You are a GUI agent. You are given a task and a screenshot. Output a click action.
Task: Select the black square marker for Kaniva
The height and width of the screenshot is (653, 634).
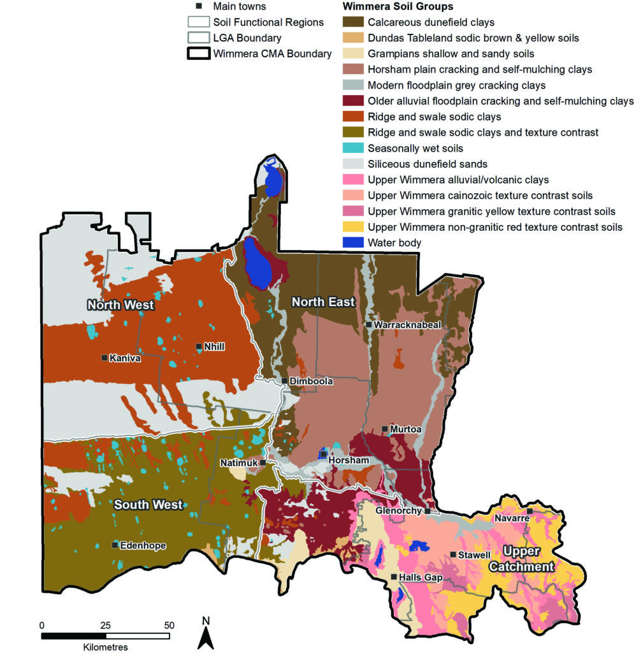click(x=104, y=358)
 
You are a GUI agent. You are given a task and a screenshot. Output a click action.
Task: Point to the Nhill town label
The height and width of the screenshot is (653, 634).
click(x=215, y=347)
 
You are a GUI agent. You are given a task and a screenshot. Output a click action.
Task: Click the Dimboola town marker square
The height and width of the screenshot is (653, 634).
click(x=285, y=381)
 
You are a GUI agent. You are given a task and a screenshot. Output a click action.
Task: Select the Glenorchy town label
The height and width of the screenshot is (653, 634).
click(x=399, y=511)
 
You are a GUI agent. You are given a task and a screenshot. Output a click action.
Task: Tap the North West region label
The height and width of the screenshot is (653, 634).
click(x=121, y=305)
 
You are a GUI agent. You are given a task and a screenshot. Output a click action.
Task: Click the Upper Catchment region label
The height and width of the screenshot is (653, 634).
click(x=527, y=558)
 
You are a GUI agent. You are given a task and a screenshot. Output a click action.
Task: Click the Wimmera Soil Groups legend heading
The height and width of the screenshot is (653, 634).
click(x=398, y=6)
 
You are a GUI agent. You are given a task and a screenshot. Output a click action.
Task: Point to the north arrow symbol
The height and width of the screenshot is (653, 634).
click(x=205, y=634)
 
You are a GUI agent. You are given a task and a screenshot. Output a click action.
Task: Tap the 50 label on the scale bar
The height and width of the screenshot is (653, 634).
click(x=169, y=625)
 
